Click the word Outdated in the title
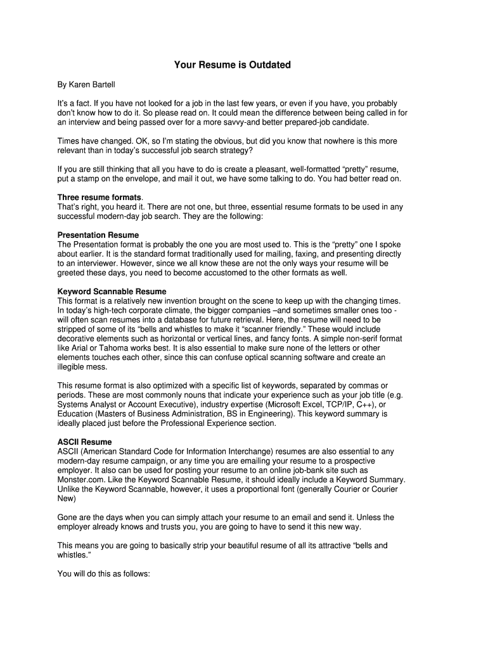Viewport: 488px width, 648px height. click(267, 65)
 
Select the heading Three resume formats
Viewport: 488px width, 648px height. click(100, 197)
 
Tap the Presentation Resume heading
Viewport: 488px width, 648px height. click(98, 235)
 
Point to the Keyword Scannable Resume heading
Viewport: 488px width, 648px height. click(112, 292)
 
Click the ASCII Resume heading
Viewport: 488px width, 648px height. click(84, 442)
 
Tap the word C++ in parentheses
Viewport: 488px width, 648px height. click(375, 404)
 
